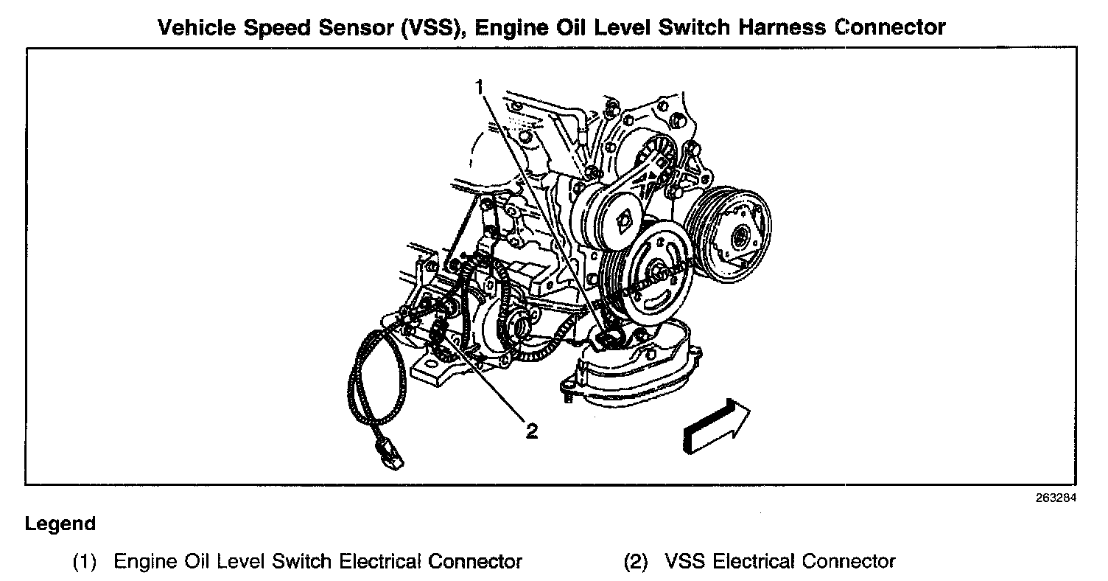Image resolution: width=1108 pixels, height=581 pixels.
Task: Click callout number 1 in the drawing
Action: point(480,88)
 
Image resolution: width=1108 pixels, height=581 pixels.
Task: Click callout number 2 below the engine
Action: point(531,431)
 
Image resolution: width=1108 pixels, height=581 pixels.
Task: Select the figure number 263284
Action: point(1056,498)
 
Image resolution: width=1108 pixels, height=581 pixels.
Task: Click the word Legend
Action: point(60,524)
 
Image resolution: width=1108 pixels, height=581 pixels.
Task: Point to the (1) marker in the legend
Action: point(84,562)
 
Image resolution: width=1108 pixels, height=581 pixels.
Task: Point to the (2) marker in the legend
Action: point(636,562)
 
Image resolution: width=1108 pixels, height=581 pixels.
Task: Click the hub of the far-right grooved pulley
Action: point(740,237)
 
